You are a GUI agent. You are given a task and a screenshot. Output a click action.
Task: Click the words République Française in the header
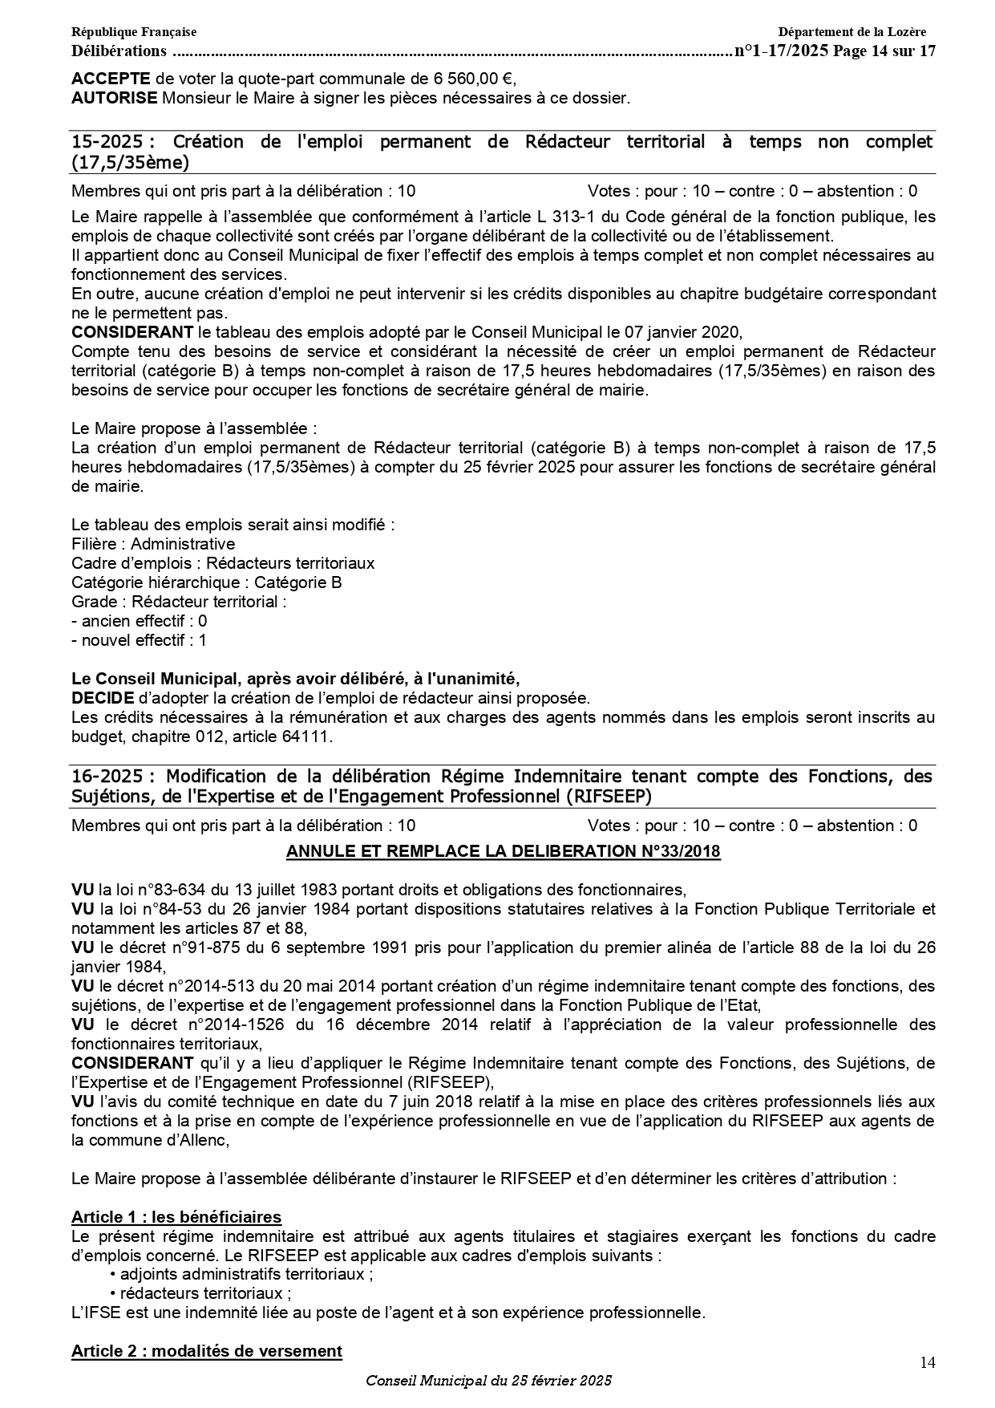pyautogui.click(x=134, y=32)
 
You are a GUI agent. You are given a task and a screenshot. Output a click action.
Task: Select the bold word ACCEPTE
pyautogui.click(x=111, y=79)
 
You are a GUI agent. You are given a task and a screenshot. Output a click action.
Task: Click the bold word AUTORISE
pyautogui.click(x=115, y=99)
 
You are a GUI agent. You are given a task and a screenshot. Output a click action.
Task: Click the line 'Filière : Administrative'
pyautogui.click(x=153, y=544)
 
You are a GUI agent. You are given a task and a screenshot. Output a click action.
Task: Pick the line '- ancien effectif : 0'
pyautogui.click(x=140, y=621)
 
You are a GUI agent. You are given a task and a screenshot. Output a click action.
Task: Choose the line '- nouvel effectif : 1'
pyautogui.click(x=140, y=640)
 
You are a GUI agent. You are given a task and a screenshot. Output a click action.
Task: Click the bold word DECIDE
pyautogui.click(x=103, y=698)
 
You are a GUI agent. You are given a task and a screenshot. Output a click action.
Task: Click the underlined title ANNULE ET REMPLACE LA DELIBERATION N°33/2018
pyautogui.click(x=504, y=851)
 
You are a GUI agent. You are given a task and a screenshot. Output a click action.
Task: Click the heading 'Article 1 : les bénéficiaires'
pyautogui.click(x=176, y=1217)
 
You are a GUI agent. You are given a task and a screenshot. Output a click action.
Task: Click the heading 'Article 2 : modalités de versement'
pyautogui.click(x=207, y=1351)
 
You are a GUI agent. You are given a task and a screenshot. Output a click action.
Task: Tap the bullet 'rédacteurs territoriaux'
pyautogui.click(x=204, y=1293)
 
